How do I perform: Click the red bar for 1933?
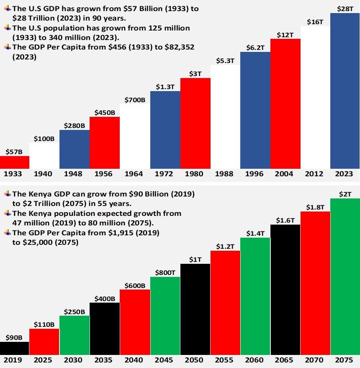pyautogui.click(x=15, y=162)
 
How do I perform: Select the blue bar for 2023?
pyautogui.click(x=345, y=91)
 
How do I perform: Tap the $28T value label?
pyautogui.click(x=345, y=8)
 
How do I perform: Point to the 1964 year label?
pyautogui.click(x=135, y=174)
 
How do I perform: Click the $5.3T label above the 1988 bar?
pyautogui.click(x=225, y=61)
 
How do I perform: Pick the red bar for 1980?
pyautogui.click(x=195, y=123)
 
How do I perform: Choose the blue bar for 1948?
pyautogui.click(x=75, y=149)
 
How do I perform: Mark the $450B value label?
pyautogui.click(x=105, y=112)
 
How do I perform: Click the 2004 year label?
pyautogui.click(x=285, y=174)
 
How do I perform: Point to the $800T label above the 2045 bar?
pyautogui.click(x=165, y=272)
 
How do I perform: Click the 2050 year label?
pyautogui.click(x=195, y=360)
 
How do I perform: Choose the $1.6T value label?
pyautogui.click(x=285, y=220)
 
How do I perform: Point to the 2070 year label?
pyautogui.click(x=315, y=360)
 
